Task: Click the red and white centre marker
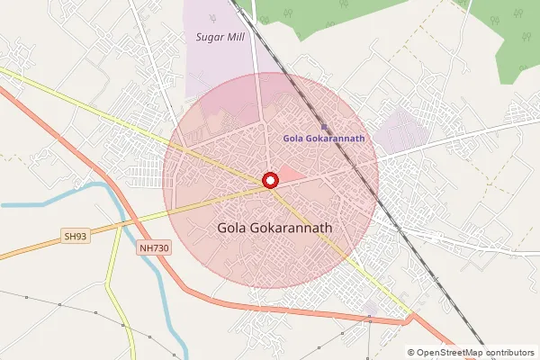[270, 180]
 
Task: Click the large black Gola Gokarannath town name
[274, 229]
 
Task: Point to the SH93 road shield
[76, 237]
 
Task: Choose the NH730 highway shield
[155, 247]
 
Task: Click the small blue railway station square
[324, 127]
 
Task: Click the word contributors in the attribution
[510, 353]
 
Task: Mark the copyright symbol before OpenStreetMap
[411, 353]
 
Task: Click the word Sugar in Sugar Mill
[208, 37]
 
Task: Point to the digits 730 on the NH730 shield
[159, 247]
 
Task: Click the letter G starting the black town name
[223, 229]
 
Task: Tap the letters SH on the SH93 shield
[70, 237]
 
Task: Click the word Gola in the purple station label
[292, 139]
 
